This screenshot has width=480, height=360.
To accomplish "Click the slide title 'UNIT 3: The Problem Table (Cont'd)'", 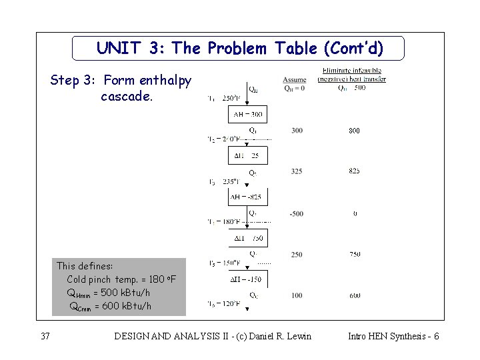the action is (240, 48).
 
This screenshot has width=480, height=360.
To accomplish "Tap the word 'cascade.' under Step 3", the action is (127, 97).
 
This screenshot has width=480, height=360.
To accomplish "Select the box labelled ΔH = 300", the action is (247, 115).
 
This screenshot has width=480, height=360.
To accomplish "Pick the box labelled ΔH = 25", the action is (247, 155).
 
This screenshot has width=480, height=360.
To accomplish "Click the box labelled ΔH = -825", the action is (247, 197).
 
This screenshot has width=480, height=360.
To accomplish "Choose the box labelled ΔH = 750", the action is (247, 238).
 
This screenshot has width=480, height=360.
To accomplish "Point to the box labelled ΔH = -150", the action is (247, 279).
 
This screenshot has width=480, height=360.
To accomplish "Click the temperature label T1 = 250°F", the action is (221, 99).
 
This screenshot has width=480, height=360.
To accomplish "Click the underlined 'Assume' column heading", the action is (294, 80).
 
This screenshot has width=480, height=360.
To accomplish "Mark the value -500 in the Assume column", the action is (296, 214).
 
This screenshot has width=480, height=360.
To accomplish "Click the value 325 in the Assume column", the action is (296, 172).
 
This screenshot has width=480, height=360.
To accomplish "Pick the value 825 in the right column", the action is (354, 172).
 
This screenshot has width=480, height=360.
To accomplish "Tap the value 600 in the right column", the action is (354, 296).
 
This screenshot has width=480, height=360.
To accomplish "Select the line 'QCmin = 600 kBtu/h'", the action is (110, 306).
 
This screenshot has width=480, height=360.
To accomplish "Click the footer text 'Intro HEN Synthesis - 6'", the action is (393, 336).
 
